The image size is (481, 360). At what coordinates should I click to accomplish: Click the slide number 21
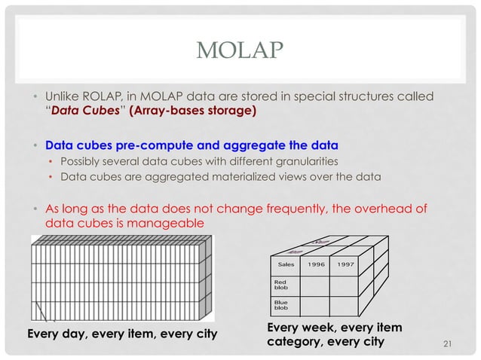point(449,345)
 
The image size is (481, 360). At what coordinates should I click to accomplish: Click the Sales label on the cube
point(286,265)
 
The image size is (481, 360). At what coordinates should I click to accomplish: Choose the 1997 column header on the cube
point(346,265)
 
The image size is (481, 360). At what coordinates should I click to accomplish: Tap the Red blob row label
point(281,285)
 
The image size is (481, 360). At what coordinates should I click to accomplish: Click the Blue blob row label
point(281,305)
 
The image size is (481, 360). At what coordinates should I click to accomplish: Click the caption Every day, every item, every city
point(121,334)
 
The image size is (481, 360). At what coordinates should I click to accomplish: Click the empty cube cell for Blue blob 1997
point(346,305)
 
